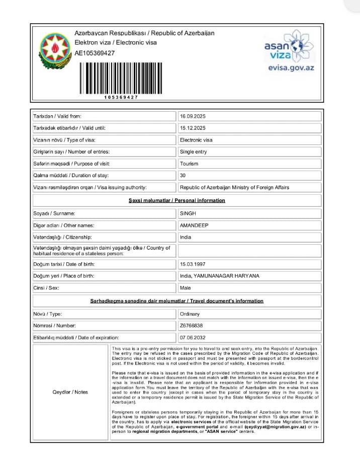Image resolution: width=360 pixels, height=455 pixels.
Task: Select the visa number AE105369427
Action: point(95,53)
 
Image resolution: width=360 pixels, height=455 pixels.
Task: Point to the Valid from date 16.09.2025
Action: point(193,116)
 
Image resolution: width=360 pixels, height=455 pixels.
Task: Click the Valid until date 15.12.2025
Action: point(193,128)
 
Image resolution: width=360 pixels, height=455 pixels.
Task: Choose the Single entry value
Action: point(193,151)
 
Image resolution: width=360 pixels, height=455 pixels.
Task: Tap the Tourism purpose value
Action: point(189,164)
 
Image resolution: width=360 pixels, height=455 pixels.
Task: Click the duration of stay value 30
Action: point(183,176)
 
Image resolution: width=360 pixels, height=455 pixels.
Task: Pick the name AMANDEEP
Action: point(194,225)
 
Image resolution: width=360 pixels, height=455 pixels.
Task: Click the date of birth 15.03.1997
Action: point(193,264)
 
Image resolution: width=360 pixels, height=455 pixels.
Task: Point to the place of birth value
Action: point(219,276)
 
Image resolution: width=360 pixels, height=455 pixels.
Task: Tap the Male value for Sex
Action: point(185,288)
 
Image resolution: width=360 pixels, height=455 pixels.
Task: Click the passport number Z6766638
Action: point(191,326)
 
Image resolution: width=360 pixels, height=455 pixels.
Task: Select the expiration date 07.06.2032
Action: point(193,337)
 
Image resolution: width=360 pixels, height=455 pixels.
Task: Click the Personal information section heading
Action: point(177,200)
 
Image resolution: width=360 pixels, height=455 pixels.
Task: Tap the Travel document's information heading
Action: point(176,301)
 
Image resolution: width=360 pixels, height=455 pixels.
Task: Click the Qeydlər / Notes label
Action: point(70,392)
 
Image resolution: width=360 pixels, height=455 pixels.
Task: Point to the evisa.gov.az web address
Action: point(291,67)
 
